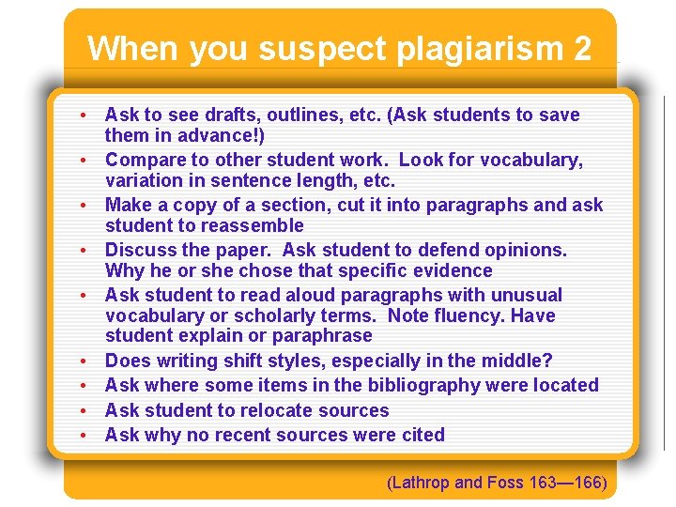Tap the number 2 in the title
click(x=581, y=49)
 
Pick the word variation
click(x=146, y=180)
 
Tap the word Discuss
click(x=140, y=250)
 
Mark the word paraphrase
click(x=325, y=335)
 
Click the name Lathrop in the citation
click(x=420, y=484)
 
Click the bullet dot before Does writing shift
click(x=84, y=361)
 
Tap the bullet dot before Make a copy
click(x=84, y=206)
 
